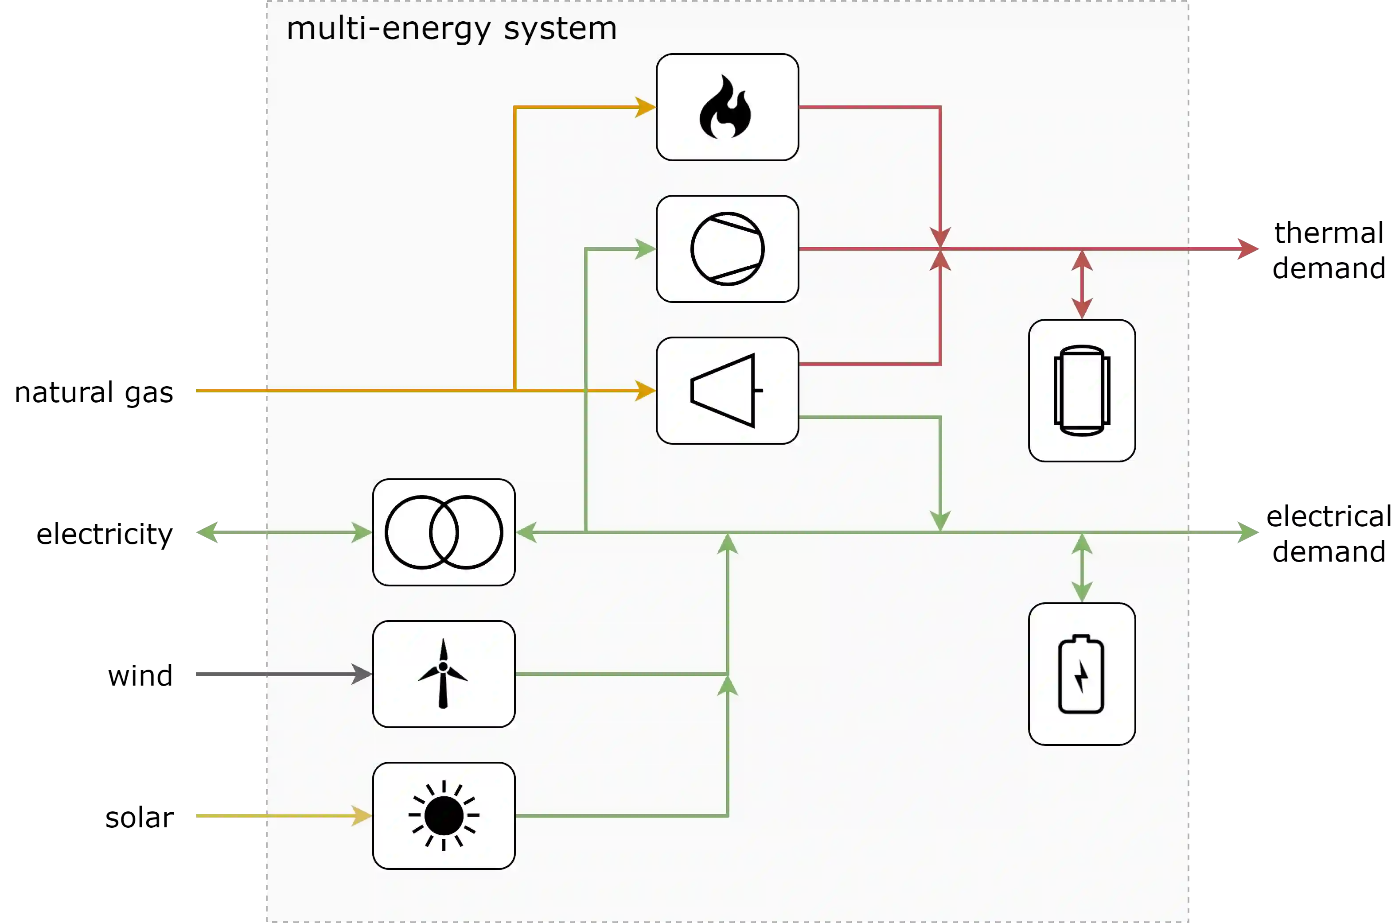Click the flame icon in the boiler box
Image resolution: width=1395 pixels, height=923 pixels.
coord(725,108)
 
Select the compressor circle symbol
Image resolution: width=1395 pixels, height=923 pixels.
coord(727,249)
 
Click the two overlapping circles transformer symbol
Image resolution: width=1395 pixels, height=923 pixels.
coord(444,532)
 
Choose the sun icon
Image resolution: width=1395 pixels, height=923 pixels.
coord(444,816)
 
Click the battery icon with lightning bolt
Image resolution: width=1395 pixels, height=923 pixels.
coord(1081,674)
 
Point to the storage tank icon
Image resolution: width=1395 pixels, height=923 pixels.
coord(1082,390)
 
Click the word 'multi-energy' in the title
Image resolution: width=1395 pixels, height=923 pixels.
coord(388,29)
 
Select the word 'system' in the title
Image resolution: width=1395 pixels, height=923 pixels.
coord(560,29)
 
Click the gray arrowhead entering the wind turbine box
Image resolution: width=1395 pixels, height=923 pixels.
coord(362,673)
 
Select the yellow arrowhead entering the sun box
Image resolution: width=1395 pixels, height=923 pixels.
coord(362,815)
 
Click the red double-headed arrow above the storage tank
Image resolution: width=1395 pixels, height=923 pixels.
coord(1082,284)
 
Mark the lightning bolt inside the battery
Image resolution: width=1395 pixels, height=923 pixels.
coord(1081,676)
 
